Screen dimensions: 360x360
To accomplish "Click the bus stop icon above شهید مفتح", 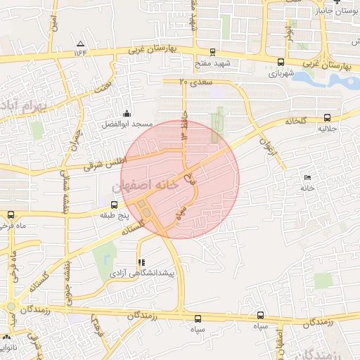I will coord(213,51).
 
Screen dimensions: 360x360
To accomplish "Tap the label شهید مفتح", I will coord(213,63).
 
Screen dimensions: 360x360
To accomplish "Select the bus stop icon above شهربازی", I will coord(281,62).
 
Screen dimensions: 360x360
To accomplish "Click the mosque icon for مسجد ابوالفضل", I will coord(127,113).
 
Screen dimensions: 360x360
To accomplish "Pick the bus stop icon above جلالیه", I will coord(328,118).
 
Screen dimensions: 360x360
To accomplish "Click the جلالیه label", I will coord(328,129).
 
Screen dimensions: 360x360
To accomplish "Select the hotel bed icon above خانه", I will coord(307,177).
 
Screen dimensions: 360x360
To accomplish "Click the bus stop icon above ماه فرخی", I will coord(10,215).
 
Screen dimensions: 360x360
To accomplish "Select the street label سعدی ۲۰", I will coord(195,82).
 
